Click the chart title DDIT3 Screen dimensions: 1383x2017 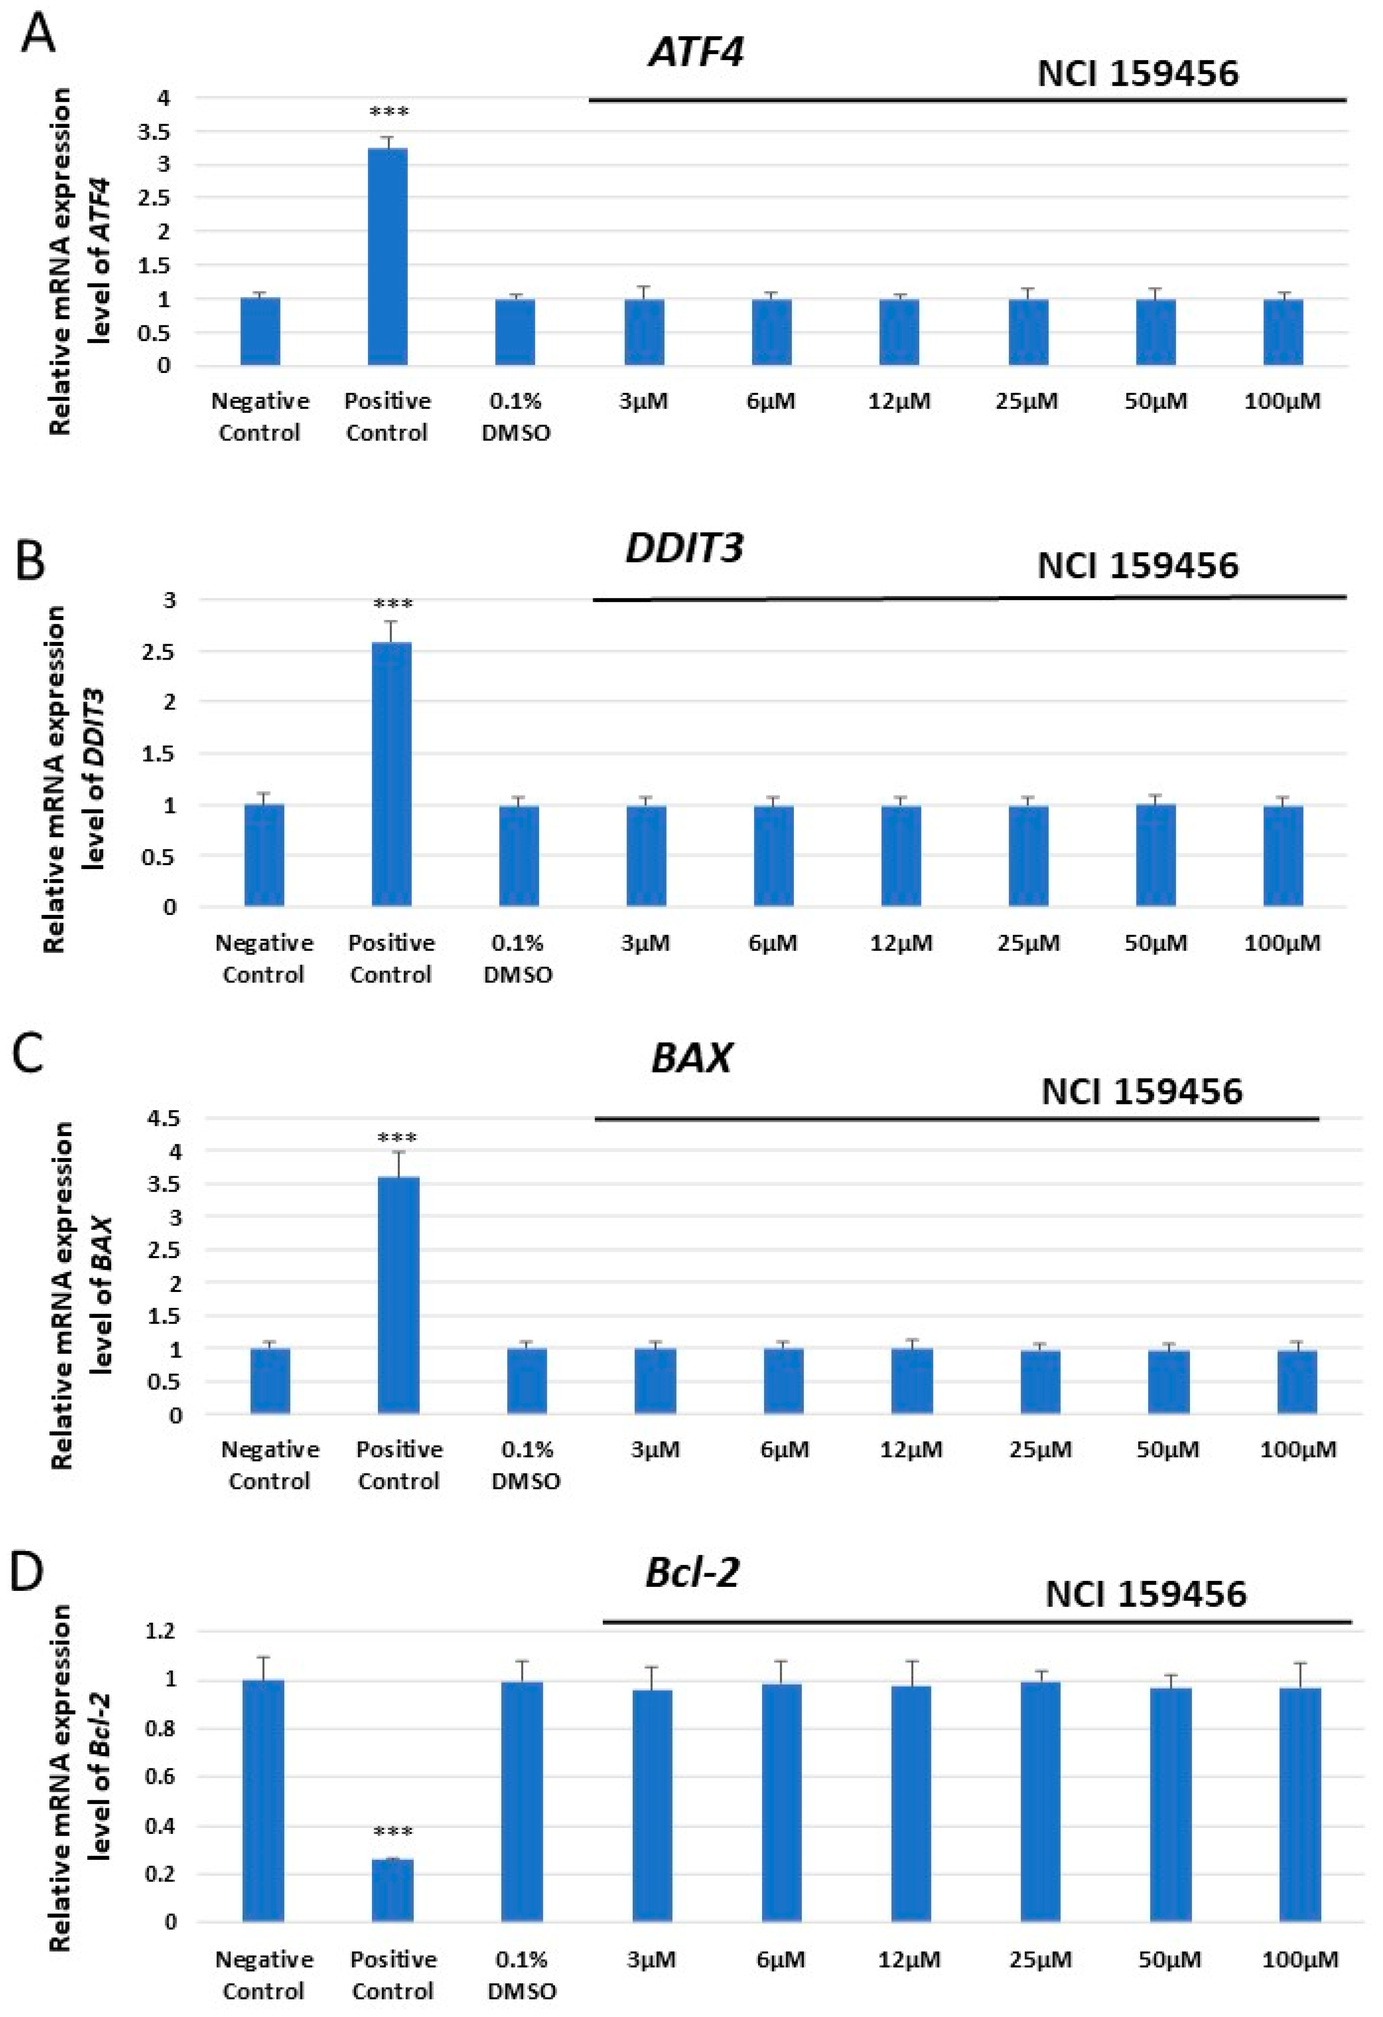[684, 549]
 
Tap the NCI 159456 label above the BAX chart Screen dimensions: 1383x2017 [1142, 1091]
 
